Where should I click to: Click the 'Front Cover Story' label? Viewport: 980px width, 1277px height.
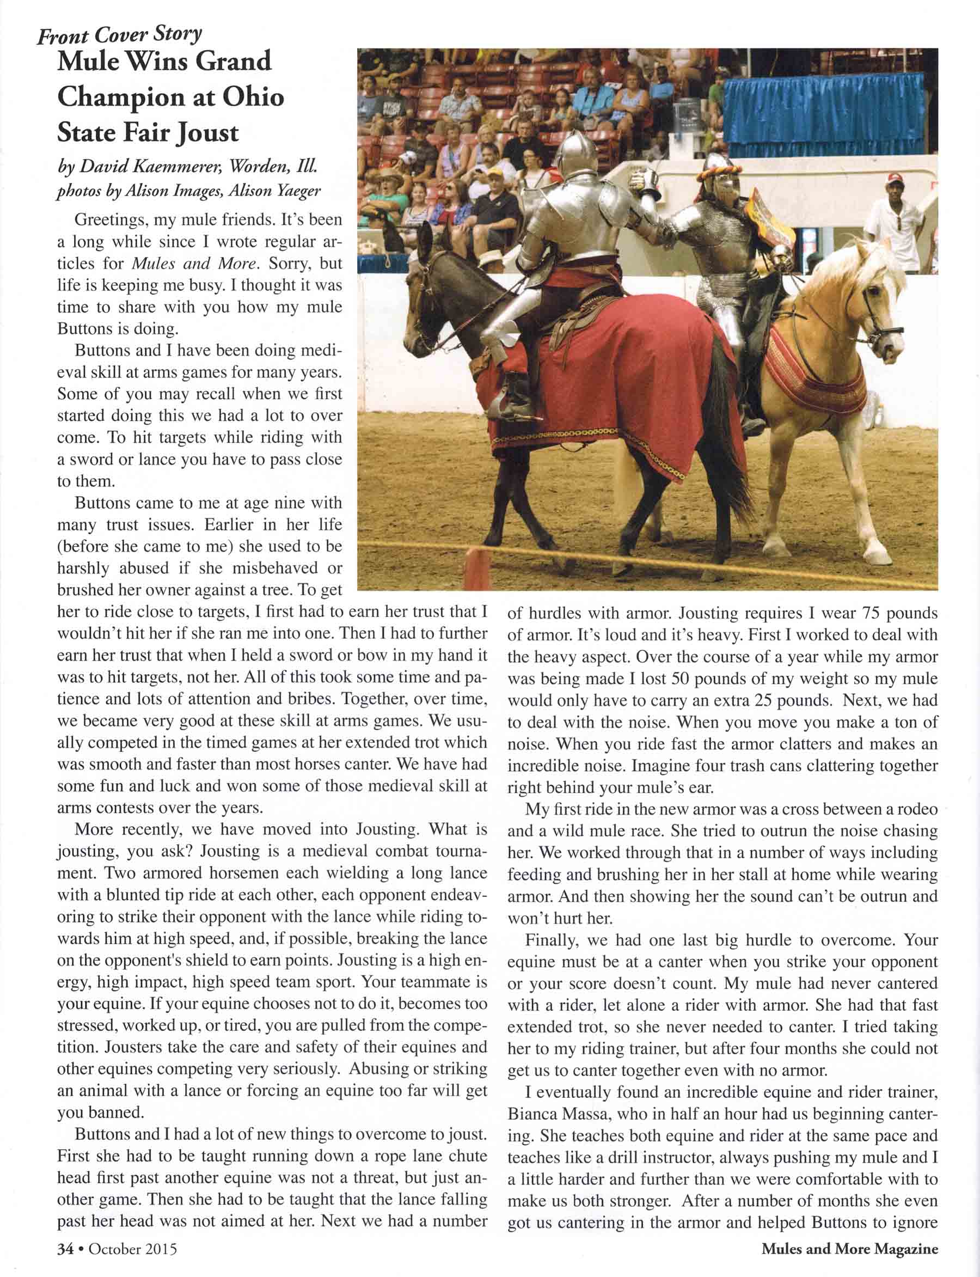point(119,35)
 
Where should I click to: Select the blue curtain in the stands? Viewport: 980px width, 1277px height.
point(823,111)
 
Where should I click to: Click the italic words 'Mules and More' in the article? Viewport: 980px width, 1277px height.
point(193,264)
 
